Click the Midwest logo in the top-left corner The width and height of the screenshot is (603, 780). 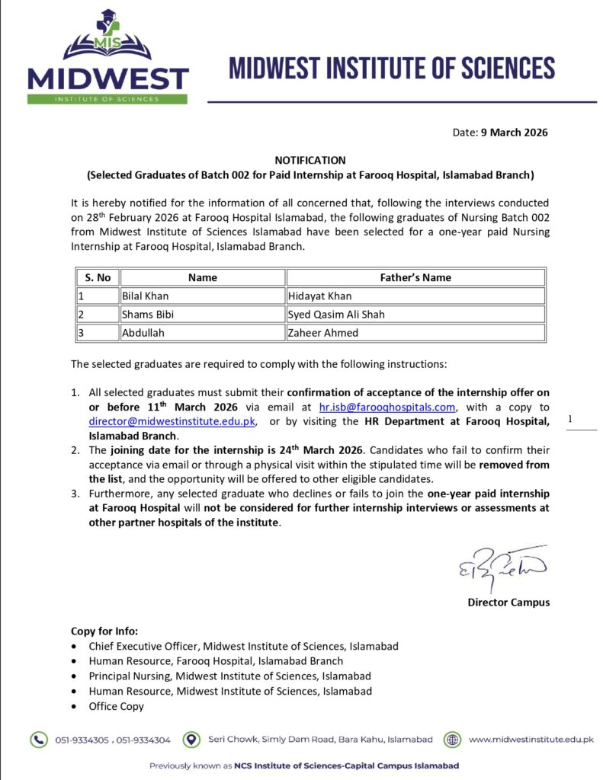(107, 57)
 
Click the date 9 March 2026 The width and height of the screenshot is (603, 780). (514, 132)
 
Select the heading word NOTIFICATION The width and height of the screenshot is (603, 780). (310, 161)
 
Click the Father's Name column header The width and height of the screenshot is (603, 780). (415, 277)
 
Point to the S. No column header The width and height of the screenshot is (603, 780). (98, 277)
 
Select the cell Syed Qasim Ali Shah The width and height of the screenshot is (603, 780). (336, 314)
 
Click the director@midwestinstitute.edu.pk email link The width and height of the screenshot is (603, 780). (173, 421)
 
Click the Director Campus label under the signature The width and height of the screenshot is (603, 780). (508, 603)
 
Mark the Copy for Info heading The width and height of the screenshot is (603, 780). (104, 631)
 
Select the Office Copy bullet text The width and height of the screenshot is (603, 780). (116, 706)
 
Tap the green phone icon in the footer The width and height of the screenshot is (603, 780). (38, 739)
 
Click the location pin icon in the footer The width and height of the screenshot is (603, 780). (194, 739)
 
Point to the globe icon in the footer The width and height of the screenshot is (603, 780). (453, 739)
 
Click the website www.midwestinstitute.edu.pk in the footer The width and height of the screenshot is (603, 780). (531, 739)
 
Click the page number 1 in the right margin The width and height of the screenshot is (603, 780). (569, 419)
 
